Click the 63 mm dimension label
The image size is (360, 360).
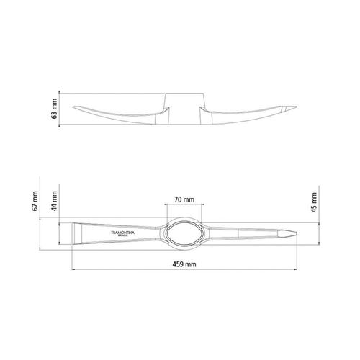click(x=55, y=109)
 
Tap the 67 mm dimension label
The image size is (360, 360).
click(x=35, y=201)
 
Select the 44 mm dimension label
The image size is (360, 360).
click(x=55, y=201)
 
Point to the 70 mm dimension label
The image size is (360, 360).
click(x=184, y=199)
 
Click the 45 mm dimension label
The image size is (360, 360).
click(x=314, y=202)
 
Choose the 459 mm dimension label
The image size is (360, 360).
click(x=184, y=264)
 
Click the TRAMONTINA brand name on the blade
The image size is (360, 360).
click(x=122, y=233)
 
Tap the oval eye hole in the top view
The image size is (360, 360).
click(x=184, y=234)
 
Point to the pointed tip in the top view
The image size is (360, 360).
click(x=297, y=234)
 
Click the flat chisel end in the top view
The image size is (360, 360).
click(x=73, y=234)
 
